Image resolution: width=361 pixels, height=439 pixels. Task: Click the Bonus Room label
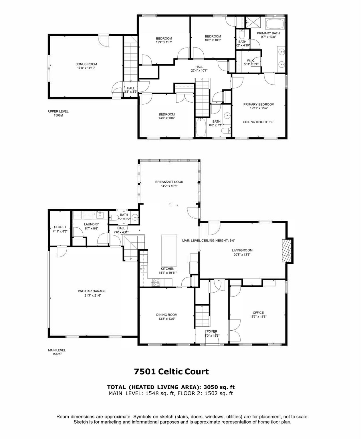(86, 64)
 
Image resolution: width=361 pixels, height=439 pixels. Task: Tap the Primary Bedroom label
(259, 104)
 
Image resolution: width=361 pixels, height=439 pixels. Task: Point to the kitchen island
(169, 250)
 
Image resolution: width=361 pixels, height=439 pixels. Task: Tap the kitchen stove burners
(156, 283)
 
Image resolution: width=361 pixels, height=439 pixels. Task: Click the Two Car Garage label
(92, 291)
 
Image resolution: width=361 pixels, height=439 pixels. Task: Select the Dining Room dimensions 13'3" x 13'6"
(167, 319)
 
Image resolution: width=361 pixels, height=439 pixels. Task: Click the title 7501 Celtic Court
(171, 372)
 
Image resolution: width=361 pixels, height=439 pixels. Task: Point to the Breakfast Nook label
(169, 182)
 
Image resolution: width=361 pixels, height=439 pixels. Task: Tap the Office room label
(258, 312)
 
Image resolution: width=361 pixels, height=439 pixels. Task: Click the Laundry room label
(91, 224)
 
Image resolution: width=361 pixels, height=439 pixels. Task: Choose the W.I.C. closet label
(251, 60)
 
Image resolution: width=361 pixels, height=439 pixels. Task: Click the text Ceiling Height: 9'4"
(258, 122)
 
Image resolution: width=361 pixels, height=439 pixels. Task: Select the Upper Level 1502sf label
(58, 113)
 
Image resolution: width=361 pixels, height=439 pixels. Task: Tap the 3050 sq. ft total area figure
(219, 387)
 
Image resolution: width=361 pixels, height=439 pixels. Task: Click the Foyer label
(212, 331)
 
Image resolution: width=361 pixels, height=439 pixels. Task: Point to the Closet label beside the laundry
(60, 227)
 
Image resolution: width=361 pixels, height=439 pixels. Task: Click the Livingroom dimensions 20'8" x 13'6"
(242, 254)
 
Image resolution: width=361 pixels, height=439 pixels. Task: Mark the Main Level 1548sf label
(57, 352)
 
